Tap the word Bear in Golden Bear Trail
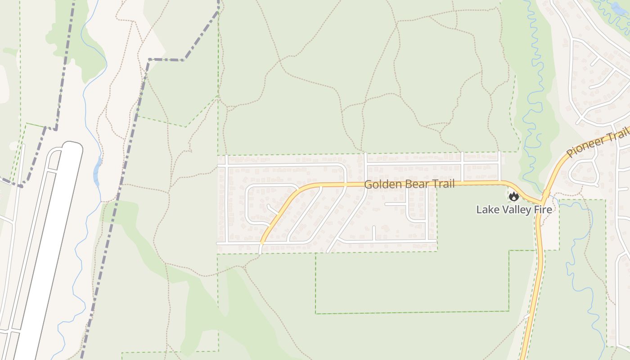click(x=412, y=184)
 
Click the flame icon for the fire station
click(x=513, y=197)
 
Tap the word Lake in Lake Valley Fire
click(x=487, y=210)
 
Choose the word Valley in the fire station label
click(x=514, y=210)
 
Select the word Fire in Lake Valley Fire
click(x=543, y=210)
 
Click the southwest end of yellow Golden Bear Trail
click(x=261, y=243)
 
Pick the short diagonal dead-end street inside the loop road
click(x=273, y=210)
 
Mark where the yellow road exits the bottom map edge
click(x=523, y=358)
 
